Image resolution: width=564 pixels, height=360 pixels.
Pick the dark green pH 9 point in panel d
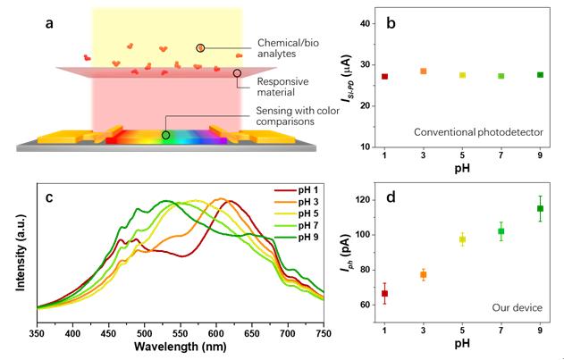click(540, 209)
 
